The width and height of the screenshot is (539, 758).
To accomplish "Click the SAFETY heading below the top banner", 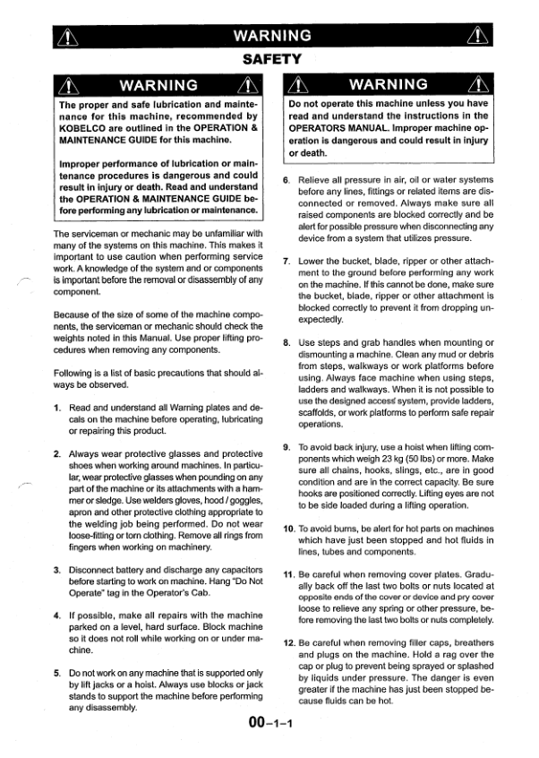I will [270, 59].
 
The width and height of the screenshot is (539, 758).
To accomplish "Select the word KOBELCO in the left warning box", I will [85, 128].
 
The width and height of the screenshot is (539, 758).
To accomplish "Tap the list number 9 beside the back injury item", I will [286, 446].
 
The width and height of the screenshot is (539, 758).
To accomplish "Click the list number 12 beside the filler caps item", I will [288, 643].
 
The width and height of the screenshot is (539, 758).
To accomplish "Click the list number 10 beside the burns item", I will [288, 529].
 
